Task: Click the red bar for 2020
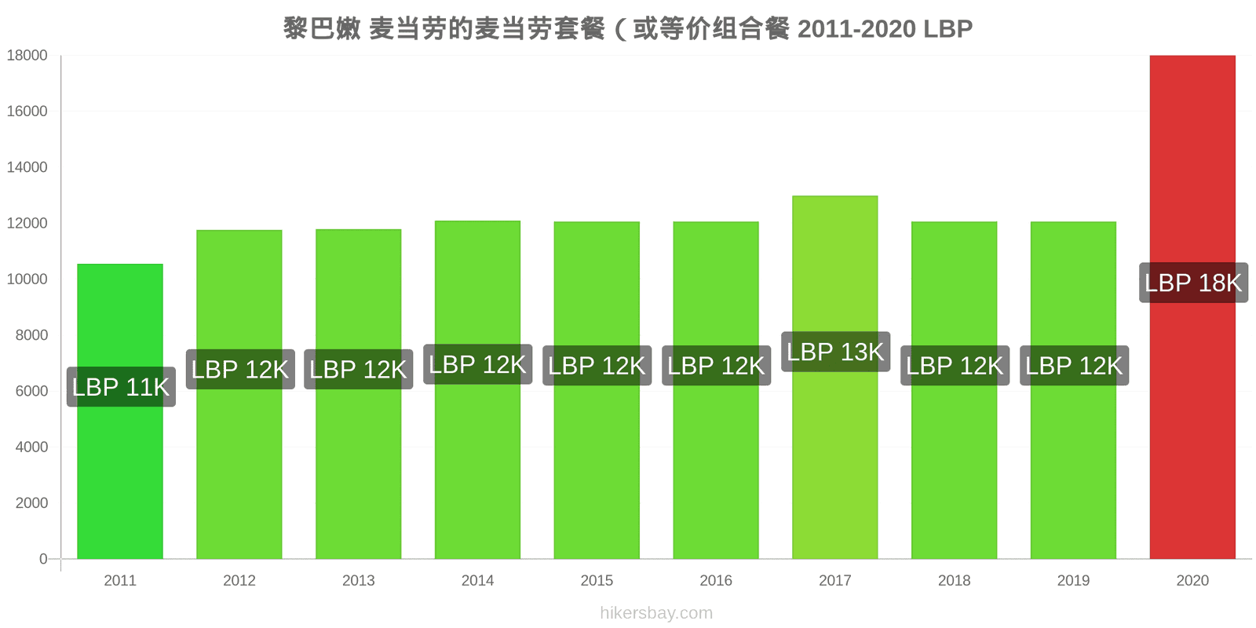[1192, 307]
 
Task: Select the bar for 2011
[120, 411]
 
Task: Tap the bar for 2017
[835, 378]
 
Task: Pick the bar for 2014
[478, 389]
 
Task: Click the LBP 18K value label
[1193, 283]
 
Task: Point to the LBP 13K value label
[835, 352]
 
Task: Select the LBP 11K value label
[121, 387]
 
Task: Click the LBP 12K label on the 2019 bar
[1075, 366]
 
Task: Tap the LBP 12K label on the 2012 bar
[240, 369]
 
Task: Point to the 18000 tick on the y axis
[27, 55]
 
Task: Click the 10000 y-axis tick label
[27, 279]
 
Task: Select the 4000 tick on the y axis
[31, 447]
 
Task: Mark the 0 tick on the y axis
[43, 558]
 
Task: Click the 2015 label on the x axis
[597, 580]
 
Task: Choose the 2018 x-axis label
[955, 580]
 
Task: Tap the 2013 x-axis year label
[358, 580]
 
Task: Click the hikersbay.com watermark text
[656, 612]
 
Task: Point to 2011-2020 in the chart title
[856, 29]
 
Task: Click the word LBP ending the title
[948, 29]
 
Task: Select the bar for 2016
[716, 390]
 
